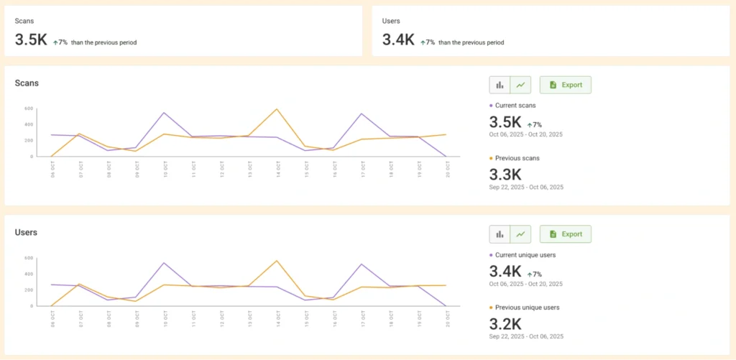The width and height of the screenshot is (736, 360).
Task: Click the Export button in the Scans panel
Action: [565, 85]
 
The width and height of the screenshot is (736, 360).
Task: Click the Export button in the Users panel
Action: [565, 234]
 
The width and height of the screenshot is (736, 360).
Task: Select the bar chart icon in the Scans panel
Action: [500, 85]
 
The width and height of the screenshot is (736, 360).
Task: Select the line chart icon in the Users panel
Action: [520, 234]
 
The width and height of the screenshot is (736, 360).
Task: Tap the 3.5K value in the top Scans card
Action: [31, 41]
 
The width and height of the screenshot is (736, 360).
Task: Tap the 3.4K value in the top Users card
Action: [398, 41]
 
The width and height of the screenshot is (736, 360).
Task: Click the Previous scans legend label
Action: [517, 158]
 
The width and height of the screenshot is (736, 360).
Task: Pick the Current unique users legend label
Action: [525, 255]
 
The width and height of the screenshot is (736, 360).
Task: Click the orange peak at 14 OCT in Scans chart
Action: [277, 109]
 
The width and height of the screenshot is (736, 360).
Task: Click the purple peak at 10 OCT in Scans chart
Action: [164, 113]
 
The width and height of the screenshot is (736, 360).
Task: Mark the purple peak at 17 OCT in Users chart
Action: [361, 264]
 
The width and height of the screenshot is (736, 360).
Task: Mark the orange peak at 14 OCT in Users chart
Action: [277, 261]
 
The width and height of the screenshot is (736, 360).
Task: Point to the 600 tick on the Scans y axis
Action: [29, 109]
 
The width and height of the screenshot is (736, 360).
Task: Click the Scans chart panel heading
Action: [27, 83]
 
